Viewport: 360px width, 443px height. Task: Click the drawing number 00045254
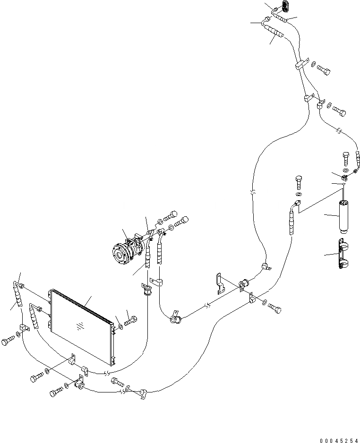point(338,440)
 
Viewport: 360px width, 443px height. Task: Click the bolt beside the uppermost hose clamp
point(324,70)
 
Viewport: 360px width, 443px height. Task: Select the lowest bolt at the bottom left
point(56,392)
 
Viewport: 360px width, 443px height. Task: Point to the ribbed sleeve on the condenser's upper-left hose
point(17,297)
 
